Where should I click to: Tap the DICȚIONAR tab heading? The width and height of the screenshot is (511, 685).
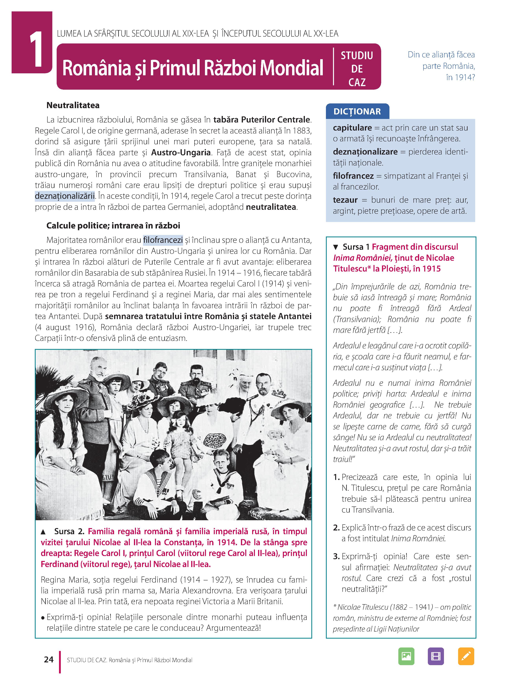(357, 112)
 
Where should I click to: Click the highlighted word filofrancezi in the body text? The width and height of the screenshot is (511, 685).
(163, 240)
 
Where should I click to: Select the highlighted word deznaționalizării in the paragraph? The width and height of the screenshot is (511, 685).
(65, 196)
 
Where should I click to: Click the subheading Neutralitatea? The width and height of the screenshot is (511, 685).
(73, 105)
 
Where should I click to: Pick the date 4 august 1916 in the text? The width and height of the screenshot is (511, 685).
(65, 327)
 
